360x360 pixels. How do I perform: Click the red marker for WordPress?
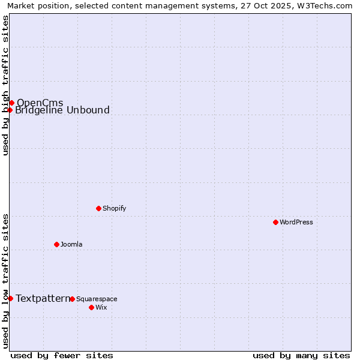tap(275, 222)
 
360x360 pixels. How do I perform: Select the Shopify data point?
tap(99, 208)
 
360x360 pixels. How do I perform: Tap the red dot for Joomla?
tap(57, 244)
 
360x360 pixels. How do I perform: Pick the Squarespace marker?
tap(73, 299)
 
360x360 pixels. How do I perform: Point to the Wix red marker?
tap(92, 307)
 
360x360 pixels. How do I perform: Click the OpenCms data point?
tap(11, 103)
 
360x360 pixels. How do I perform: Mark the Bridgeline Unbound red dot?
tap(10, 110)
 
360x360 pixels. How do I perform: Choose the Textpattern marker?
tap(10, 298)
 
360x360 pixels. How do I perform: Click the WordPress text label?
tap(296, 223)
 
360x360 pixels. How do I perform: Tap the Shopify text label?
tap(114, 209)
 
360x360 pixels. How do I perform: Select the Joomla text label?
tap(71, 245)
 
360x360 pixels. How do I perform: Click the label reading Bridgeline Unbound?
tap(62, 110)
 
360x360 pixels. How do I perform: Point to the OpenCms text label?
tap(40, 103)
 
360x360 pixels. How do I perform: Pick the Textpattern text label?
tap(43, 298)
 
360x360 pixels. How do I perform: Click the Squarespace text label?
tap(97, 299)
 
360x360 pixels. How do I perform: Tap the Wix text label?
tap(101, 308)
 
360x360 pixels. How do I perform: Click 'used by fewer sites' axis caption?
tap(62, 355)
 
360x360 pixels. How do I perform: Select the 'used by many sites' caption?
tap(301, 355)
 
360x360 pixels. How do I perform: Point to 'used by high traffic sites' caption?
tap(6, 85)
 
